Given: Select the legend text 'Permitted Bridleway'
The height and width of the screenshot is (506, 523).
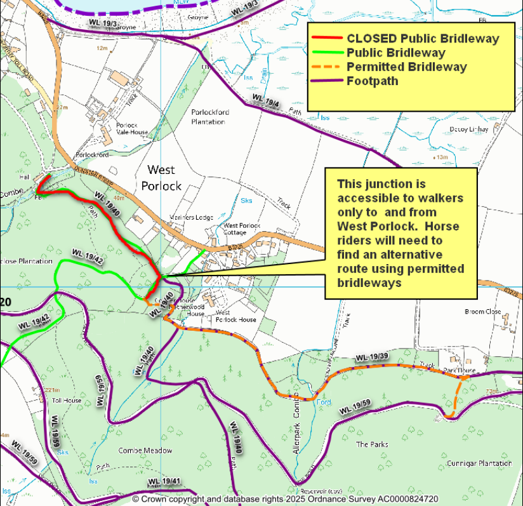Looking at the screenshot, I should pos(407,67).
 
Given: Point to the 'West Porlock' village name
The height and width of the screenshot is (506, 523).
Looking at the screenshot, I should pos(164,178).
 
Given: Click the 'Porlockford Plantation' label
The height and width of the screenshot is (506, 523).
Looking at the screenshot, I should pos(210,117).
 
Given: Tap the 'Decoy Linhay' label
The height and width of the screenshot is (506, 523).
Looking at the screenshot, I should pos(469,130).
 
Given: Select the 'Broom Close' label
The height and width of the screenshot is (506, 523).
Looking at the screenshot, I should pos(484,312).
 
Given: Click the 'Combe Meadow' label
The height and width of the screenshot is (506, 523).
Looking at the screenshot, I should pos(145,451).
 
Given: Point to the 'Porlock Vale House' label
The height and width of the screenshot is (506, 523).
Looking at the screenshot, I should pos(131,129).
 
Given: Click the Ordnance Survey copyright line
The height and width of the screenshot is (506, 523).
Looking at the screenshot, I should pos(285,500).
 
